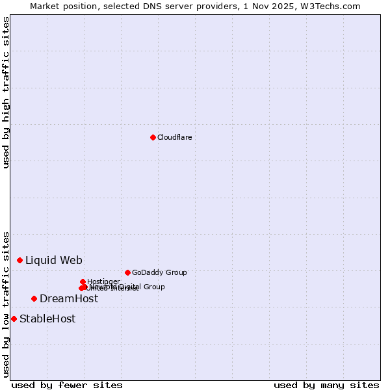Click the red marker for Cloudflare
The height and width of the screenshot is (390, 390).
point(153,137)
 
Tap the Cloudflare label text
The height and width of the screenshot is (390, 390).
point(174,137)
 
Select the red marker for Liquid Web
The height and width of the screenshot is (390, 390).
point(20,260)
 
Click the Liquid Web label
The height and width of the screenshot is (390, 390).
point(54,261)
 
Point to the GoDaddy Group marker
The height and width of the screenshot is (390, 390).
point(127,272)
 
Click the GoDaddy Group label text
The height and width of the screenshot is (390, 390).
point(159,272)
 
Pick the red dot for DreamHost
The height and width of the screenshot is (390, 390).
point(34,298)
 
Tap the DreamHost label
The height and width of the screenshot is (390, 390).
point(69,299)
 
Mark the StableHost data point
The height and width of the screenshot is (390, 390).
point(14,318)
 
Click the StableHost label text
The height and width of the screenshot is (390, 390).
point(47,319)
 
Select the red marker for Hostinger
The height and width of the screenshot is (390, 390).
point(83,281)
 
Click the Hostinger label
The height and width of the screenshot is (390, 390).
point(103,281)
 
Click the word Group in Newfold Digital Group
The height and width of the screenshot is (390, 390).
point(154,287)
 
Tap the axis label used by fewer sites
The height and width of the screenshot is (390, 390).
point(67,385)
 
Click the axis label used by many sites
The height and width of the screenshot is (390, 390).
point(326,385)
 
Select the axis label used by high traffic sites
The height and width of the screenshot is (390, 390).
point(6,92)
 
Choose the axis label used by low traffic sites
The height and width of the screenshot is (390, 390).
point(6,304)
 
